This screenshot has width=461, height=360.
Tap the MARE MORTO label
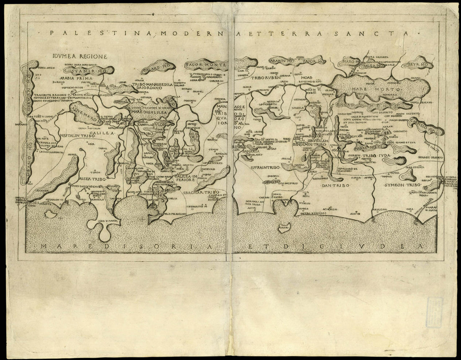coord(365,89)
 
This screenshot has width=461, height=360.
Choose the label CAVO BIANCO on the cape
coord(102,219)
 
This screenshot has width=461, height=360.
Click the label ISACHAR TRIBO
coord(199,194)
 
